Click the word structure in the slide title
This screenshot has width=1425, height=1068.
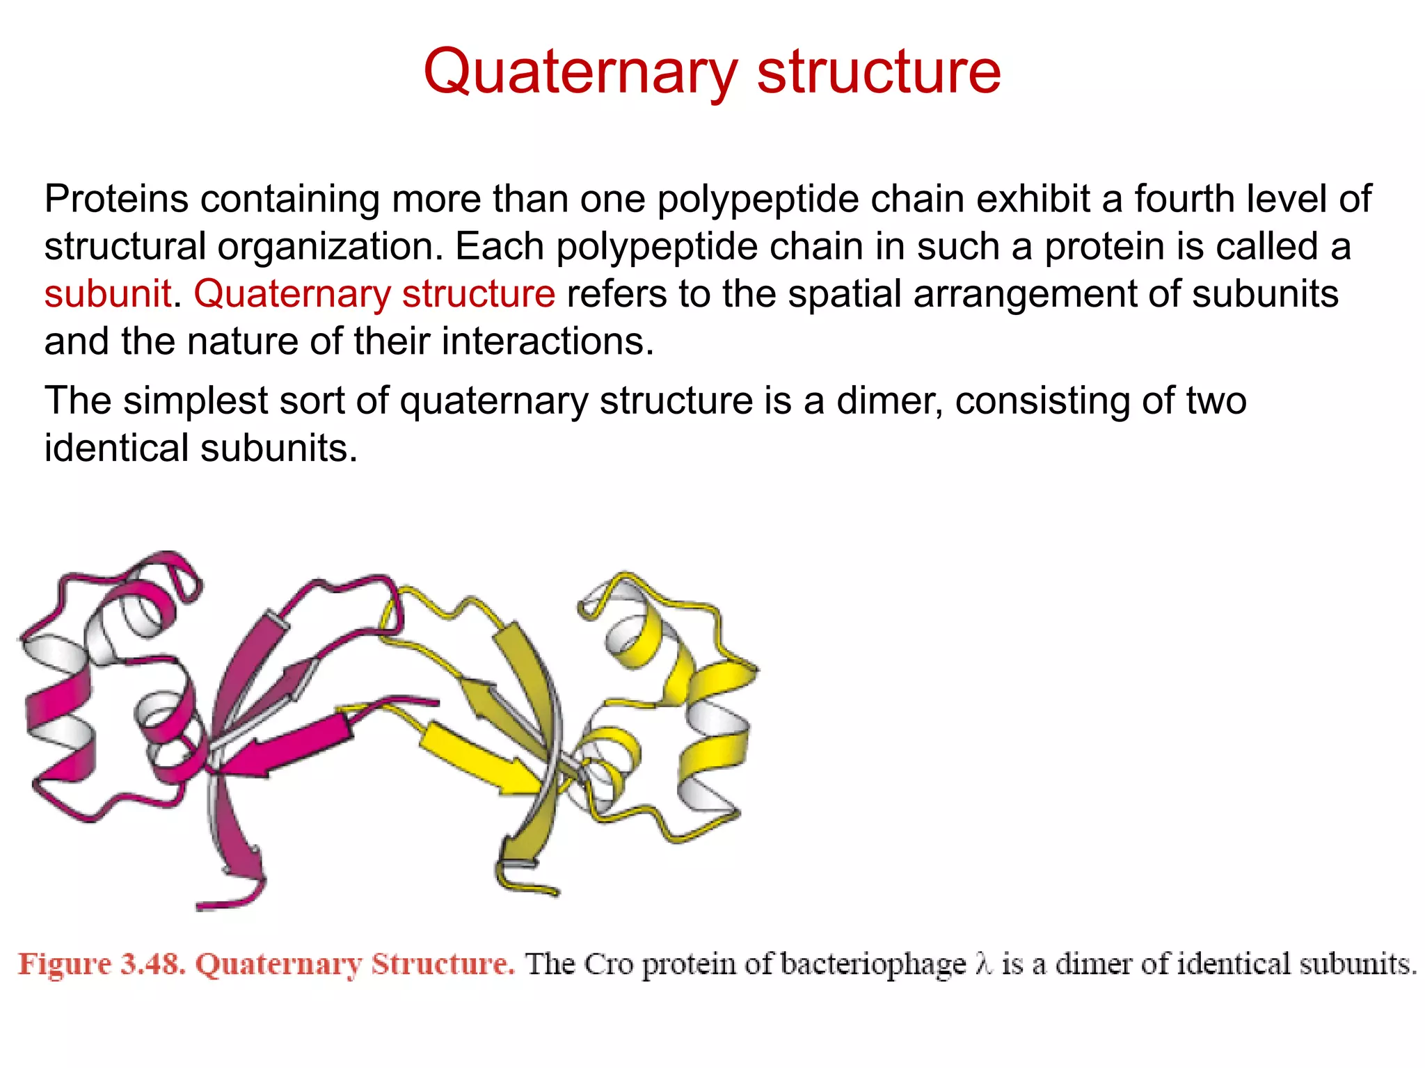[879, 72]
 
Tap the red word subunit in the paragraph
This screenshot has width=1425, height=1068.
[107, 293]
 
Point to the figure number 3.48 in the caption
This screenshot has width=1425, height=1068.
[152, 964]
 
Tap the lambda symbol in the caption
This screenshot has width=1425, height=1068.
[982, 964]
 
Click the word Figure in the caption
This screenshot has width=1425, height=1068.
[64, 964]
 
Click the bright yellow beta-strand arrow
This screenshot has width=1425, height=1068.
[480, 757]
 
